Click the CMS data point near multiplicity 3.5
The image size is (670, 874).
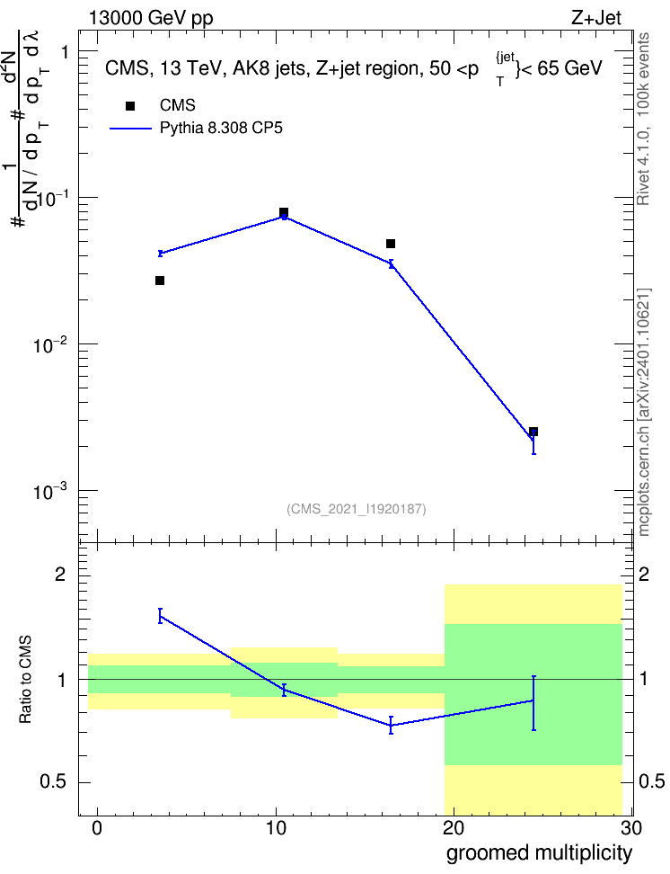[160, 281]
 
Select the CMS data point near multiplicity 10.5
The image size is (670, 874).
[284, 212]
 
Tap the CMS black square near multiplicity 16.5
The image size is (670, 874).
[391, 244]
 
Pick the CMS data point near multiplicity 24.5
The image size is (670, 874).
[533, 432]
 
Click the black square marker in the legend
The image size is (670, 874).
[130, 106]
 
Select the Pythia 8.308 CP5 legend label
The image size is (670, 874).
[221, 129]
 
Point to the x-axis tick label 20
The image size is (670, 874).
[454, 828]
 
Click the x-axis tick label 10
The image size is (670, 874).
[276, 828]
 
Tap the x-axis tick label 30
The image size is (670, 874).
[631, 828]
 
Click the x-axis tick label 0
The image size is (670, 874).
[98, 828]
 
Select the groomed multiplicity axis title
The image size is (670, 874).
[539, 853]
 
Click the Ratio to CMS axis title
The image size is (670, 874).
[25, 680]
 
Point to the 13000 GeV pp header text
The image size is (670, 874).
[151, 18]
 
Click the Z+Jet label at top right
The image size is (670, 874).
[596, 18]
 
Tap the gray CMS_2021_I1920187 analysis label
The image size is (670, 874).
[357, 509]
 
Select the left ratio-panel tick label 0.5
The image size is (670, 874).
[53, 782]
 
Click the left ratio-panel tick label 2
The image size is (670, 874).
[60, 574]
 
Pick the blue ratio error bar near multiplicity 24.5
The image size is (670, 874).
[533, 703]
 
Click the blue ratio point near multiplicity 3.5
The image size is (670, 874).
[160, 616]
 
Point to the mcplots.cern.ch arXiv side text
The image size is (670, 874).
[644, 412]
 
